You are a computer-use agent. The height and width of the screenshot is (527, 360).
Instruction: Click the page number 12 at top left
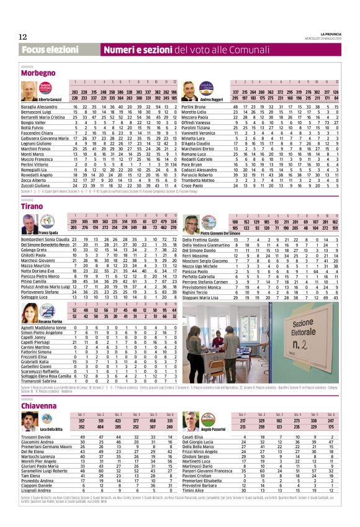23,37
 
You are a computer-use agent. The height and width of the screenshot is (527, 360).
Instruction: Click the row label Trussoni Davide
37,436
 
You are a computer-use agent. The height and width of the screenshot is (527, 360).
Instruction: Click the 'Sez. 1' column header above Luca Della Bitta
81,414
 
